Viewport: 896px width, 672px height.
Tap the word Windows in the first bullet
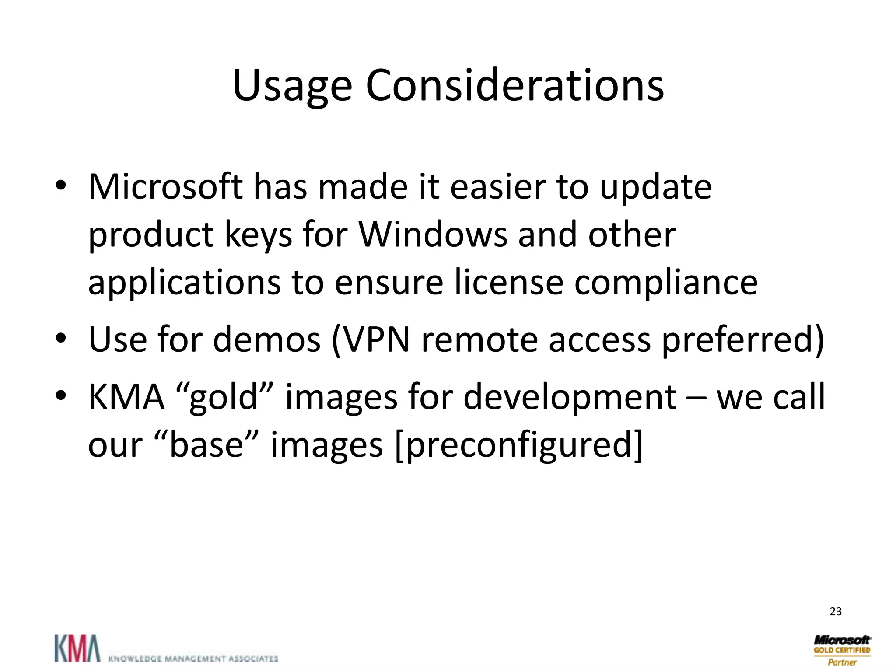(433, 235)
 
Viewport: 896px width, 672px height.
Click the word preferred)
(742, 340)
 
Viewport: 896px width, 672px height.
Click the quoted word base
(206, 445)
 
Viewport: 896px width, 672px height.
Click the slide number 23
(835, 612)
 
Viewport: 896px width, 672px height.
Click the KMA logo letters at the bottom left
(77, 648)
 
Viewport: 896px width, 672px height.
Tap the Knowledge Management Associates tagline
(192, 658)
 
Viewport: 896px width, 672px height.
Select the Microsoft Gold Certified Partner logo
(842, 650)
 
